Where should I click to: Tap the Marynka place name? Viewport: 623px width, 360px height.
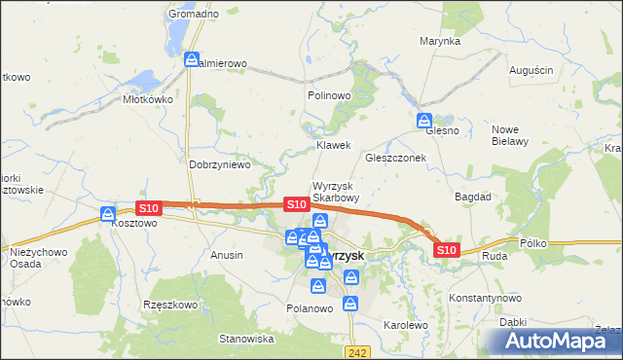point(440,42)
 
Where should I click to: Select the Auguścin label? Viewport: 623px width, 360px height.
point(531,70)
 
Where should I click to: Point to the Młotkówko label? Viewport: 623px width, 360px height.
point(147,99)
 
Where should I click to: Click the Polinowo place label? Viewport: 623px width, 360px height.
point(328,96)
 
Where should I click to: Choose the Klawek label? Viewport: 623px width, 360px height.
point(333,145)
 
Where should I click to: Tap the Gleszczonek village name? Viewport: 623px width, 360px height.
point(396,158)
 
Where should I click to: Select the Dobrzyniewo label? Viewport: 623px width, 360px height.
point(220,164)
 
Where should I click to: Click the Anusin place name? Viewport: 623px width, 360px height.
point(226,254)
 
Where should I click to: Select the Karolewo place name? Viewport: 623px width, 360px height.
point(406,325)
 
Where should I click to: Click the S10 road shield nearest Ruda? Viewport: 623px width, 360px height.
point(446,250)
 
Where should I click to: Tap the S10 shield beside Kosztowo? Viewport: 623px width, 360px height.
point(148,208)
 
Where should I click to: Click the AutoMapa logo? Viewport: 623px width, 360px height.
point(558,341)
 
